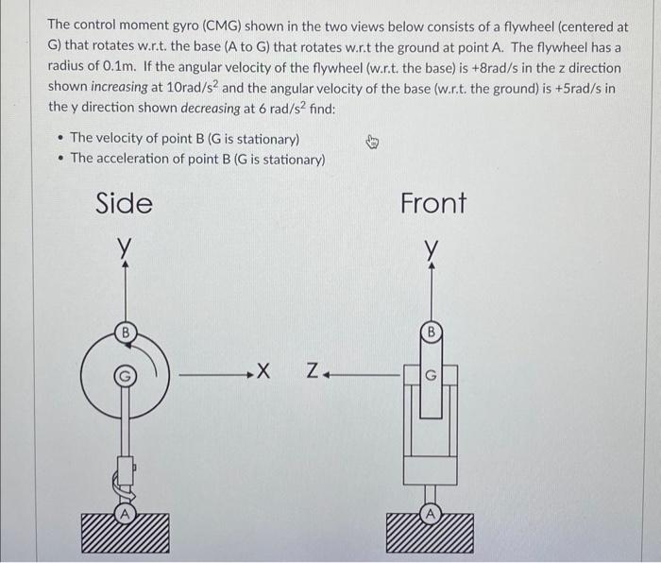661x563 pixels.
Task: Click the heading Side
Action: tap(125, 203)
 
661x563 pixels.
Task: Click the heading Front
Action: tap(433, 203)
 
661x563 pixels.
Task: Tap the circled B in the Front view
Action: tap(432, 333)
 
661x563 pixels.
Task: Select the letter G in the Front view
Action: tap(432, 375)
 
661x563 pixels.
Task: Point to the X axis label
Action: tap(263, 371)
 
